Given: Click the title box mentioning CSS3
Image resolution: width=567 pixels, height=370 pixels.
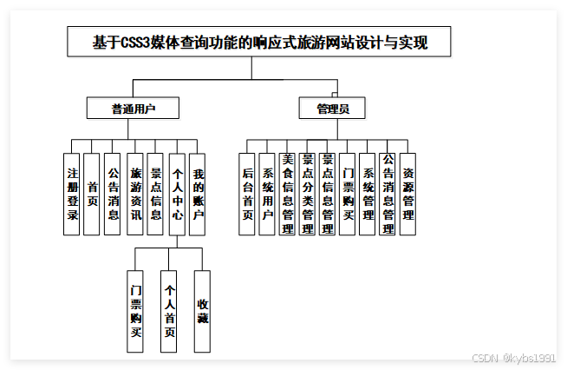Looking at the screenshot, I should [x=259, y=42].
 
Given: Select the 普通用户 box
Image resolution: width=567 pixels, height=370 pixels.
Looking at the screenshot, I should [x=133, y=109].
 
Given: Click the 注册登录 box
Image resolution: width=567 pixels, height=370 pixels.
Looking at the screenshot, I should [x=73, y=195].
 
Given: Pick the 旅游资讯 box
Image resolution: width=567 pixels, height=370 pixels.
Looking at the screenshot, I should [x=134, y=195].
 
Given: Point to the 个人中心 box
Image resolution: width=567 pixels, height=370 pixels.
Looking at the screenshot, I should [x=177, y=195].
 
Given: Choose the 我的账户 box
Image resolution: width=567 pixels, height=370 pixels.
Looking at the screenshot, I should [x=198, y=195].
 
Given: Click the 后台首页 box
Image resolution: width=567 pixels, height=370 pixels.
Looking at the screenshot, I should [x=247, y=195].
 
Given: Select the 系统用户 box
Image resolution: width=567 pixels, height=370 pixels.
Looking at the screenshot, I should [x=267, y=195].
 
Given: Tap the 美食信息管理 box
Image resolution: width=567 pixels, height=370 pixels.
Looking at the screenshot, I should [x=287, y=195].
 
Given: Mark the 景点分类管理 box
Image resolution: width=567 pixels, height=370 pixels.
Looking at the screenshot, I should [x=307, y=195].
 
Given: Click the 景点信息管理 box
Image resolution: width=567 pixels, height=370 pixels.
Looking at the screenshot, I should [x=327, y=195].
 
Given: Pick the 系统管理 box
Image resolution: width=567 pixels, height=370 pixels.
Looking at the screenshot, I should [x=368, y=195].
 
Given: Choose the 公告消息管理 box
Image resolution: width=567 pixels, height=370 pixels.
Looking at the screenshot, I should [x=388, y=195].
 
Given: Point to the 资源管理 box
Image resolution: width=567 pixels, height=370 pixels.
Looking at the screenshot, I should [x=408, y=195].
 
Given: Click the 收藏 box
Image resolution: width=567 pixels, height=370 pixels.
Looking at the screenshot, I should [x=202, y=311].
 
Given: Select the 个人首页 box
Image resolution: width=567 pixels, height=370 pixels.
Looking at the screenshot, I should [x=169, y=311].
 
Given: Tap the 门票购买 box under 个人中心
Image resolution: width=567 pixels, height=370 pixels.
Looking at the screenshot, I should [x=135, y=311].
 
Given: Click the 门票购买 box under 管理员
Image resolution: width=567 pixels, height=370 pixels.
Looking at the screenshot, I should [x=348, y=195].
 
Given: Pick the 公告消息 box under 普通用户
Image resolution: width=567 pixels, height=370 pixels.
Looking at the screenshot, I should [x=113, y=195].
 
